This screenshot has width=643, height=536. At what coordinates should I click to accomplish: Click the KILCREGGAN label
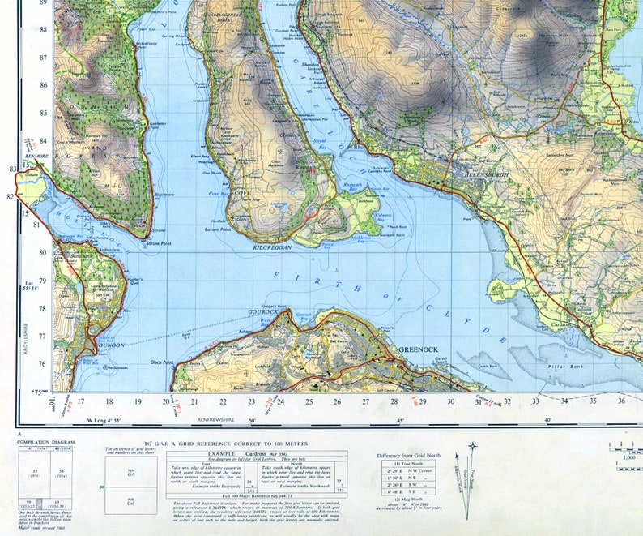point(271,246)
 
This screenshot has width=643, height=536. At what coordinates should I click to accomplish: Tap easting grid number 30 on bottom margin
point(451,401)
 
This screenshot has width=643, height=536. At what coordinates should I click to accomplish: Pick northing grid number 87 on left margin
point(42,57)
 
